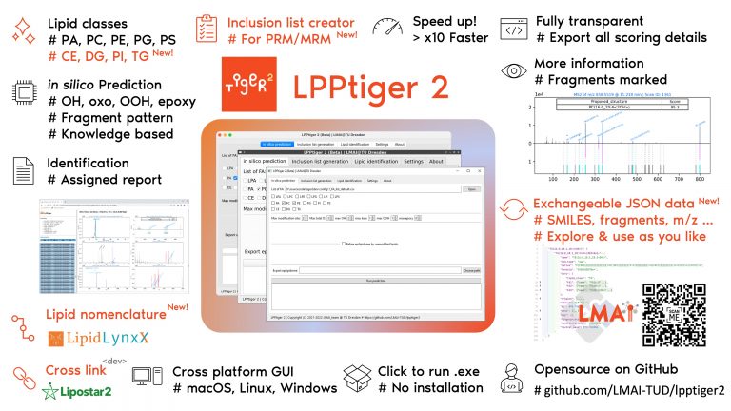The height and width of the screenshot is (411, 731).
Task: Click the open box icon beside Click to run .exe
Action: [358, 378]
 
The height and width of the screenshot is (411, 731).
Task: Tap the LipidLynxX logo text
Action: [91, 338]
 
